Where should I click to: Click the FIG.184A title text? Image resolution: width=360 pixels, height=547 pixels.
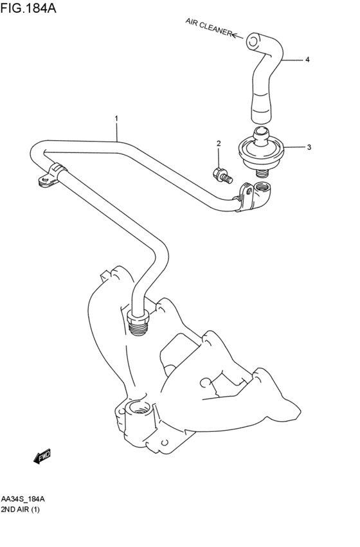pos(28,7)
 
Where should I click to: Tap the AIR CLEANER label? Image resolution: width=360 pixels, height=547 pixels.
pos(208,27)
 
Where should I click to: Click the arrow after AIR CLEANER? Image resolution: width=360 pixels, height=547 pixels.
pos(238,35)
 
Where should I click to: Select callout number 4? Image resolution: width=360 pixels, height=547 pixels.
pos(307,60)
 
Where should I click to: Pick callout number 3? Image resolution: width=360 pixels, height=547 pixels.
pos(309,147)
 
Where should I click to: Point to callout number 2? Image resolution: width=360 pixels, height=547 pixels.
pos(219,143)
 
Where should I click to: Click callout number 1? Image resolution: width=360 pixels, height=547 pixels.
pos(116,119)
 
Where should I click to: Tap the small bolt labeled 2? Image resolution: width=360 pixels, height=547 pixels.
pos(222,175)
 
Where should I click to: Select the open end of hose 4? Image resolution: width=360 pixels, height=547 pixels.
pos(253,40)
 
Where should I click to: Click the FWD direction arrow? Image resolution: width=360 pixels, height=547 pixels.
pos(42,456)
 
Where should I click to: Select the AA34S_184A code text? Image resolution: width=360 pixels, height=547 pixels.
pos(23,499)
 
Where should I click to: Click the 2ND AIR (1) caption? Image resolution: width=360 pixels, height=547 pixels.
pos(20,510)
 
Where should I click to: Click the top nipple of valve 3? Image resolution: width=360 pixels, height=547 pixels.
pos(260,135)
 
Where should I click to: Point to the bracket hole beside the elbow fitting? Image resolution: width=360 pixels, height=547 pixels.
pos(248,190)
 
